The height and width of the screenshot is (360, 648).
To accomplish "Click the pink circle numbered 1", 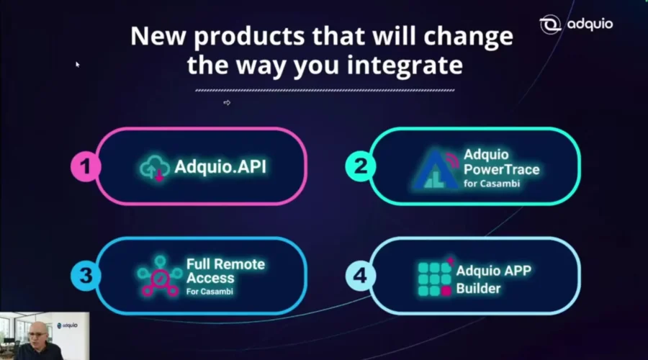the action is (86, 166).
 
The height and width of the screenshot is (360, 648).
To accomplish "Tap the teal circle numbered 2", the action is (361, 166).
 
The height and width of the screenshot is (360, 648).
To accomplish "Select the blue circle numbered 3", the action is (86, 276).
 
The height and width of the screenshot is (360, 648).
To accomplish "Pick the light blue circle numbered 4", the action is (361, 276).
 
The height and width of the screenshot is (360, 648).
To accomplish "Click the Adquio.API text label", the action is (220, 166).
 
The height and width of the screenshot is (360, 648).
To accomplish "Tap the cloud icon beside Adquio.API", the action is (154, 168).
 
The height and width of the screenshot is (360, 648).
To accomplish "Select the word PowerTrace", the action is (501, 169).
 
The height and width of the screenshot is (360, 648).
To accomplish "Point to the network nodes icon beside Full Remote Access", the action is (160, 276).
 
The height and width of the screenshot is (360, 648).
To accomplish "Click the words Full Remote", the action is (225, 264).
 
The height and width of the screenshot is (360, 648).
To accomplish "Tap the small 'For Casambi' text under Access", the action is (210, 292).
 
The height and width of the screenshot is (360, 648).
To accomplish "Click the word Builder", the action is (478, 288).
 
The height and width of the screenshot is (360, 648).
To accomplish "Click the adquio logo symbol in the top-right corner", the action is (550, 24).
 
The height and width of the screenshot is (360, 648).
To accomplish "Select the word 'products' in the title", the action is (249, 37).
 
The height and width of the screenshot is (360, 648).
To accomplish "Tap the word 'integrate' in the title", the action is (405, 66).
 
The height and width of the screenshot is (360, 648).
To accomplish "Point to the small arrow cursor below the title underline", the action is (227, 102).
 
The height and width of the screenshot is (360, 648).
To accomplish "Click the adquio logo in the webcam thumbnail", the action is (67, 325).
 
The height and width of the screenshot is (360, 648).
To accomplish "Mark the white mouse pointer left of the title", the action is (77, 65).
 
